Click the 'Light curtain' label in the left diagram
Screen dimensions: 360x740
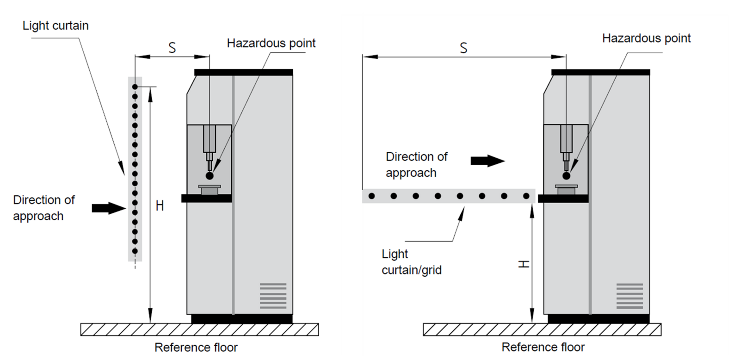click(x=55, y=25)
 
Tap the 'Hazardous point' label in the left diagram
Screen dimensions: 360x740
click(x=271, y=43)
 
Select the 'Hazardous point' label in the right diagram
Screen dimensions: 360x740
click(x=646, y=38)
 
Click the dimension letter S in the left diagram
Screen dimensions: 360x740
click(x=172, y=48)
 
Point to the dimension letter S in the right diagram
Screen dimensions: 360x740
click(x=463, y=48)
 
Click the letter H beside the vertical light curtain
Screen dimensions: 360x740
click(x=160, y=205)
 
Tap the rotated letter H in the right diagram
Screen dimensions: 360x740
click(x=524, y=264)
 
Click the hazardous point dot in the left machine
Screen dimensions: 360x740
click(x=210, y=176)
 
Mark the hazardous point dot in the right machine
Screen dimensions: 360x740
click(x=566, y=176)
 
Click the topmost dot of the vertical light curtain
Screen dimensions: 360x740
click(x=135, y=87)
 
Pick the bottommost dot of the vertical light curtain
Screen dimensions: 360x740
click(x=135, y=251)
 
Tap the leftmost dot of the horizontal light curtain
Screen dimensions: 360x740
click(x=371, y=196)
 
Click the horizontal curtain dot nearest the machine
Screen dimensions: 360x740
click(x=526, y=196)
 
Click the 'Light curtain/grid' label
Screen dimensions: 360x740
click(x=411, y=262)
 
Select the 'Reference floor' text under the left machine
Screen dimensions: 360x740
click(x=196, y=347)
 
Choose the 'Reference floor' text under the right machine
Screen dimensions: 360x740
click(x=543, y=347)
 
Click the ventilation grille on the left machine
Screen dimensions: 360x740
click(x=273, y=296)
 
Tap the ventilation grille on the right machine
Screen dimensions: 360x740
click(x=629, y=296)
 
